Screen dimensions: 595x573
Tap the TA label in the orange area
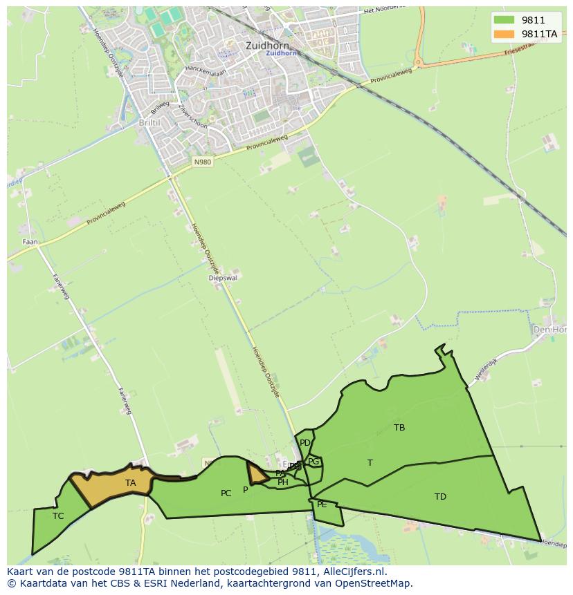point(131,483)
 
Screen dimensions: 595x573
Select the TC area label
point(58,516)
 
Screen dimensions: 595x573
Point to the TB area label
point(399,428)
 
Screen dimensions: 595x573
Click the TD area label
point(440,497)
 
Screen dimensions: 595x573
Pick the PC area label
point(226,493)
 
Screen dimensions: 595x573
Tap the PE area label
point(322,504)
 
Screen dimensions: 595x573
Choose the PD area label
point(304,443)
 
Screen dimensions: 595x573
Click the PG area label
point(313,462)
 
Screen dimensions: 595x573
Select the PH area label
point(282,482)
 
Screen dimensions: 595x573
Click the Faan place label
point(30,242)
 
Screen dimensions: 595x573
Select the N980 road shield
point(202,162)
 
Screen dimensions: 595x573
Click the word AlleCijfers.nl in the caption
point(352,572)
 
